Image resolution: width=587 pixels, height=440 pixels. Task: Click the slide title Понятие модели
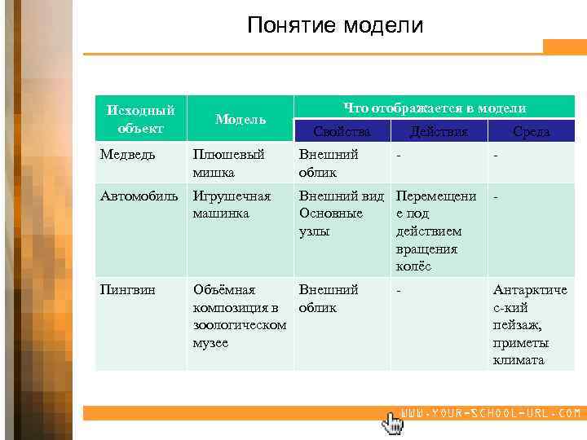335,26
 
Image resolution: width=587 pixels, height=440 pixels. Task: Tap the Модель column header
240,119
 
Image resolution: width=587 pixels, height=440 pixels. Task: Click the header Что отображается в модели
434,108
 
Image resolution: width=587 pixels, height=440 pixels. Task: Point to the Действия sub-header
439,131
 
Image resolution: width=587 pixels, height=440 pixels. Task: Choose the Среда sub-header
531,131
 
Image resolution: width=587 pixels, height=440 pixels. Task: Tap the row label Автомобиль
139,196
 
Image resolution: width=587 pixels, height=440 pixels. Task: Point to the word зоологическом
239,325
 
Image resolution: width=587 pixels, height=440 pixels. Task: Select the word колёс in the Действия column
413,266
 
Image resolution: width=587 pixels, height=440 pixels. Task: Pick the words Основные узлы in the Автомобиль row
330,222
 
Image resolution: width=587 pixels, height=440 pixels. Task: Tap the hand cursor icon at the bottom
392,422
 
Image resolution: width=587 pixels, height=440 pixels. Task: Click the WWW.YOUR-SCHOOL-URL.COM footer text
492,414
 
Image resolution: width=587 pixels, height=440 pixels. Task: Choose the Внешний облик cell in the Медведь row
329,164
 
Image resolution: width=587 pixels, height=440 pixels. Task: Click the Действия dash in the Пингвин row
399,290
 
